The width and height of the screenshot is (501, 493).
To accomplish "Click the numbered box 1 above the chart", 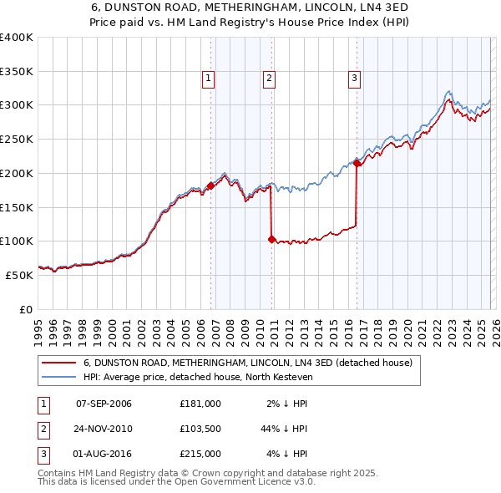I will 208,79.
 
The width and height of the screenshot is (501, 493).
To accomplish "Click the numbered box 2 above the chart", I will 270,79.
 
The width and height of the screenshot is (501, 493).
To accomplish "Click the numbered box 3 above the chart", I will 354,79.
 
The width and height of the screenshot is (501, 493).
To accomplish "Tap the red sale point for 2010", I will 271,239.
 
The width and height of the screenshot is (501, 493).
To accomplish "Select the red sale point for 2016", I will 357,164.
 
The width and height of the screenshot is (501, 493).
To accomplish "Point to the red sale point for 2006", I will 210,186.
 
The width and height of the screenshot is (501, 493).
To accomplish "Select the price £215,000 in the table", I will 200,454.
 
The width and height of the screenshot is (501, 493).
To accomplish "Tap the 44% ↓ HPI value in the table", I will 285,429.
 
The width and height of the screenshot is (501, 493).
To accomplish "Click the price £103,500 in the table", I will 200,429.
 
